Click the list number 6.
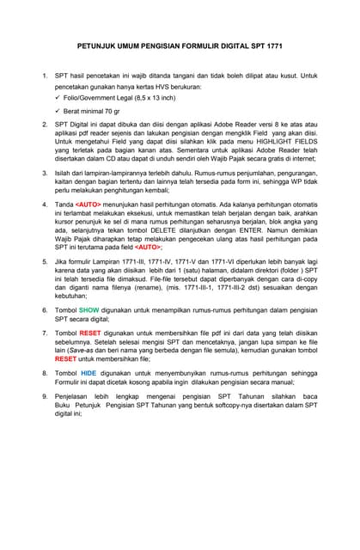[46, 309]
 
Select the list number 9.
[46, 396]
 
